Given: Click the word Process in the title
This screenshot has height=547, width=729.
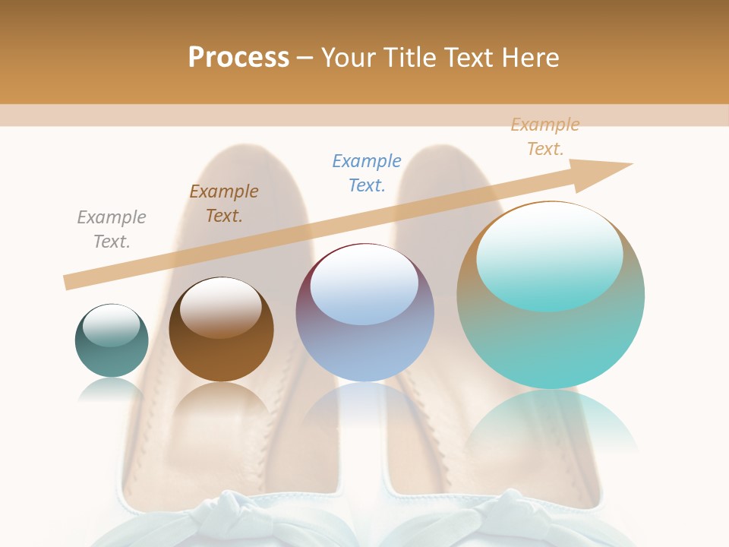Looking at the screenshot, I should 238,57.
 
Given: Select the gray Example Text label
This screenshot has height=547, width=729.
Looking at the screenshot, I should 112,229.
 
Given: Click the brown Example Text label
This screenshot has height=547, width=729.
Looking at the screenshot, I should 224,204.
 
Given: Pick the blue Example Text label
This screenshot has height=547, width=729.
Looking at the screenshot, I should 367,173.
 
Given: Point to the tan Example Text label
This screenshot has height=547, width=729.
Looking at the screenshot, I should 545,137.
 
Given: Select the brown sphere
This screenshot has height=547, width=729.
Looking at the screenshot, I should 221,349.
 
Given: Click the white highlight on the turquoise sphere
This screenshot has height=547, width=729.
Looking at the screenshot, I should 550,256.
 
